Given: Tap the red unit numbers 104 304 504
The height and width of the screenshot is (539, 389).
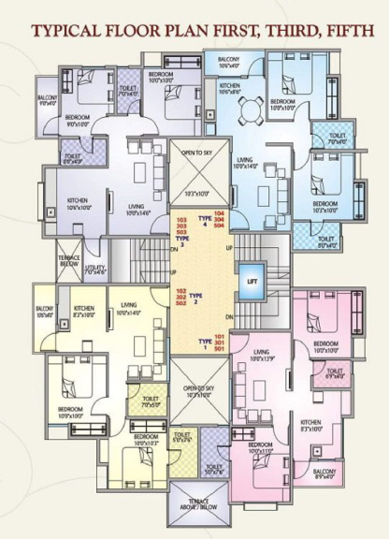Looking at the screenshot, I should [x=218, y=221].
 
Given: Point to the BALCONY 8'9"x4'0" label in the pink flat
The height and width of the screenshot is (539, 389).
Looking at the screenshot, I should [x=324, y=473].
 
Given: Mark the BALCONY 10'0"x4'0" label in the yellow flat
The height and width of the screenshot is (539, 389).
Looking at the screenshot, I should [x=44, y=312].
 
